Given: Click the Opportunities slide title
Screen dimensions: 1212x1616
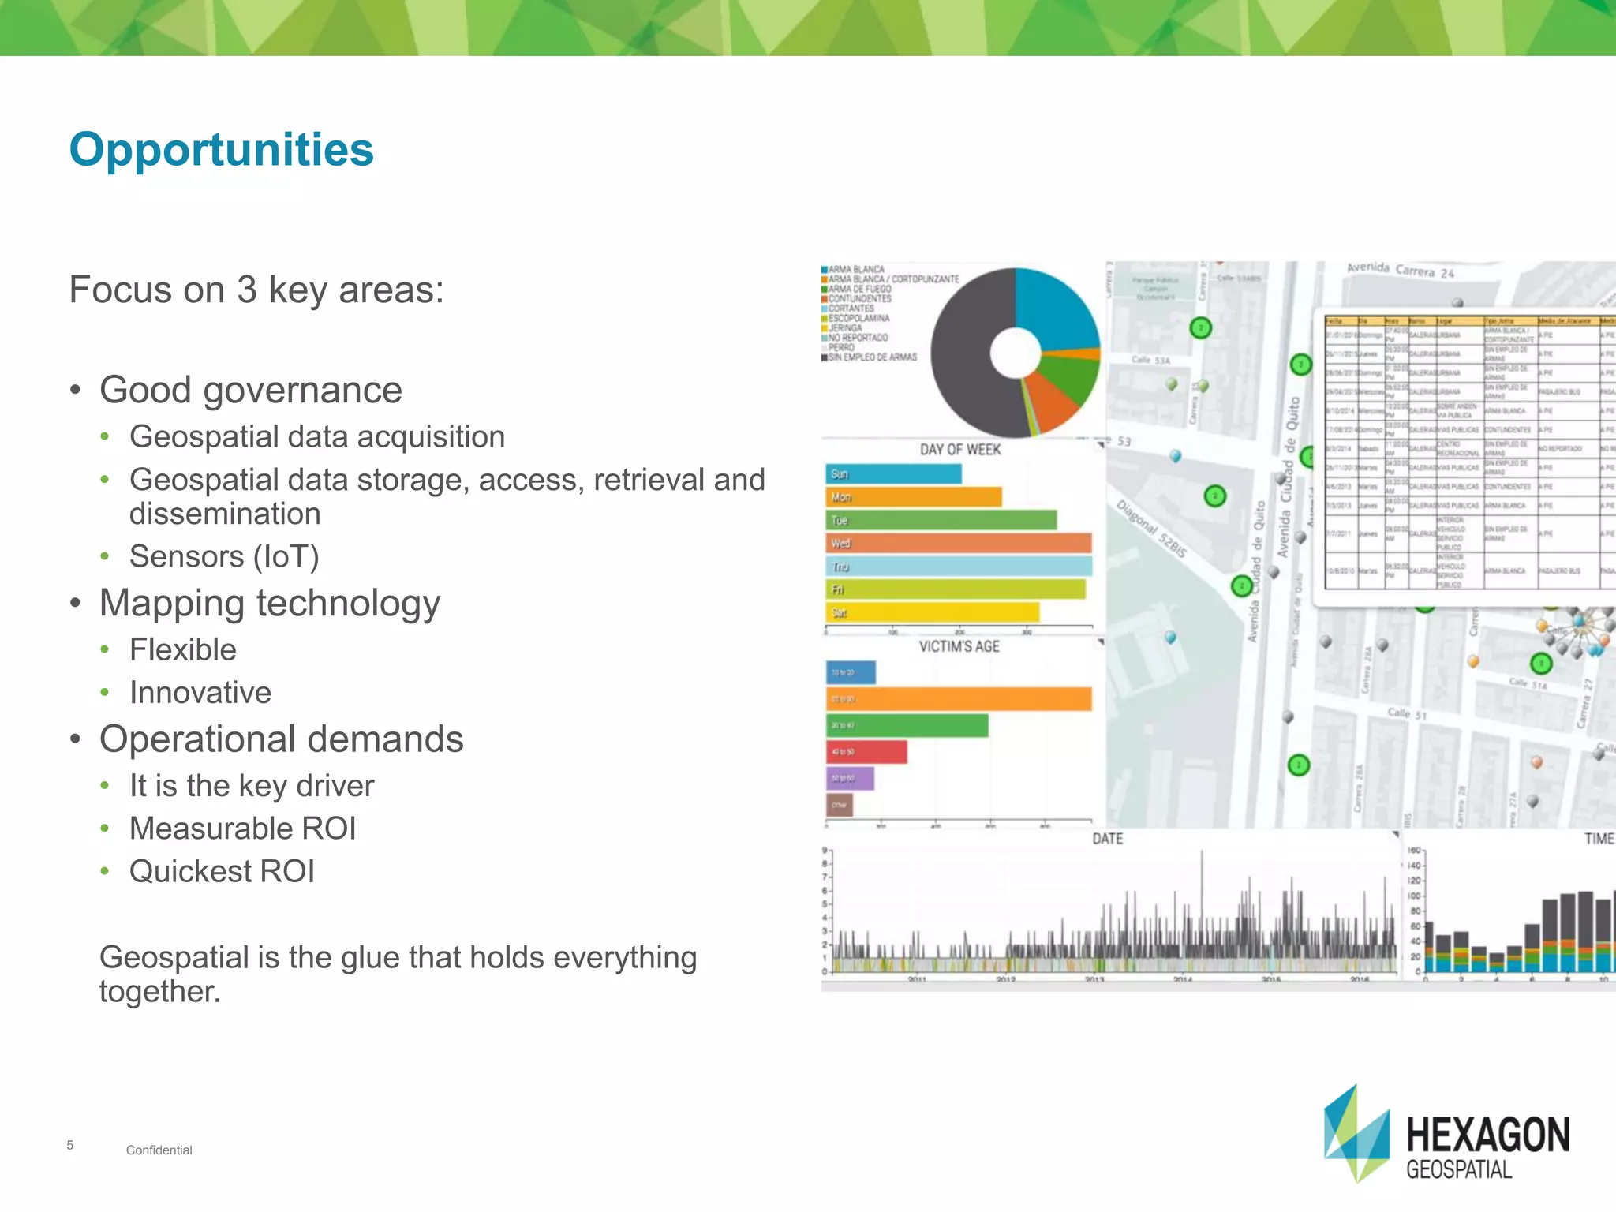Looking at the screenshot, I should tap(221, 149).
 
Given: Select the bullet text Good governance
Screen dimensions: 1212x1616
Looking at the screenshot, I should tap(250, 390).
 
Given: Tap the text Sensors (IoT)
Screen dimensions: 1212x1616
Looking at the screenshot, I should tap(224, 556).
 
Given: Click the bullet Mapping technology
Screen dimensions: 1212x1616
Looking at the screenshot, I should tap(269, 603).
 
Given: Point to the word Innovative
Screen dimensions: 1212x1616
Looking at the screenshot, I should tap(200, 692).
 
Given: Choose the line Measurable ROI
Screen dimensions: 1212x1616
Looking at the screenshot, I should tap(242, 829).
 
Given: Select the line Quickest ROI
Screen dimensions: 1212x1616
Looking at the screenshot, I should tap(222, 871).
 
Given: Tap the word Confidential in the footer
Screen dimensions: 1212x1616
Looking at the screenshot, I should tap(159, 1150).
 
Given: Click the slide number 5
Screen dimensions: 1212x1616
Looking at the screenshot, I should tap(70, 1145).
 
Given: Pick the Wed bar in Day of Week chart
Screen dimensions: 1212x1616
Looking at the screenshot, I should tap(959, 543).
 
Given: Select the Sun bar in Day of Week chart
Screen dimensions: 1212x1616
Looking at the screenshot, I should tap(893, 473).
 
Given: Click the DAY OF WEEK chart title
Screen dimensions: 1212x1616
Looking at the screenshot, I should tap(959, 449).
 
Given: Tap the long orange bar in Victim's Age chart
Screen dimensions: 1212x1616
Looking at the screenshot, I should tap(959, 699).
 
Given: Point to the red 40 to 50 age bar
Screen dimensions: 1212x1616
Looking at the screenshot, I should tap(866, 751).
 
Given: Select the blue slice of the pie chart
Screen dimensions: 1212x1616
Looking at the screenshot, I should tap(1057, 308).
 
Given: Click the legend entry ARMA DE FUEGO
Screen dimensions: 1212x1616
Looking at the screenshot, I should tap(859, 289).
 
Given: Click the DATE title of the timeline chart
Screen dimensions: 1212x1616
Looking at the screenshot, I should tap(1107, 838).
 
